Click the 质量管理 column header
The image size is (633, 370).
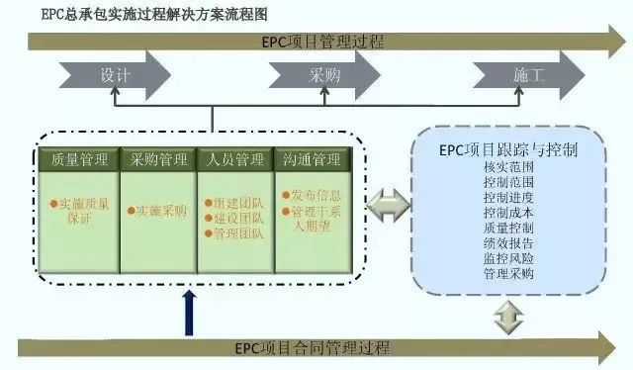[x=78, y=159]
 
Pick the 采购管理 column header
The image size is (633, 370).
[x=158, y=159]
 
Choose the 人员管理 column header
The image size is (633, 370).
[x=235, y=159]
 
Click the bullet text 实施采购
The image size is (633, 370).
[x=159, y=210]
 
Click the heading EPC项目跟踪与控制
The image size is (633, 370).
[x=508, y=150]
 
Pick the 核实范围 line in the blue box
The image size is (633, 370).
[x=508, y=168]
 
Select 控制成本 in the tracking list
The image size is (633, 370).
[x=508, y=213]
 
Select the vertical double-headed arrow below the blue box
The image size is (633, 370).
[x=505, y=317]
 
